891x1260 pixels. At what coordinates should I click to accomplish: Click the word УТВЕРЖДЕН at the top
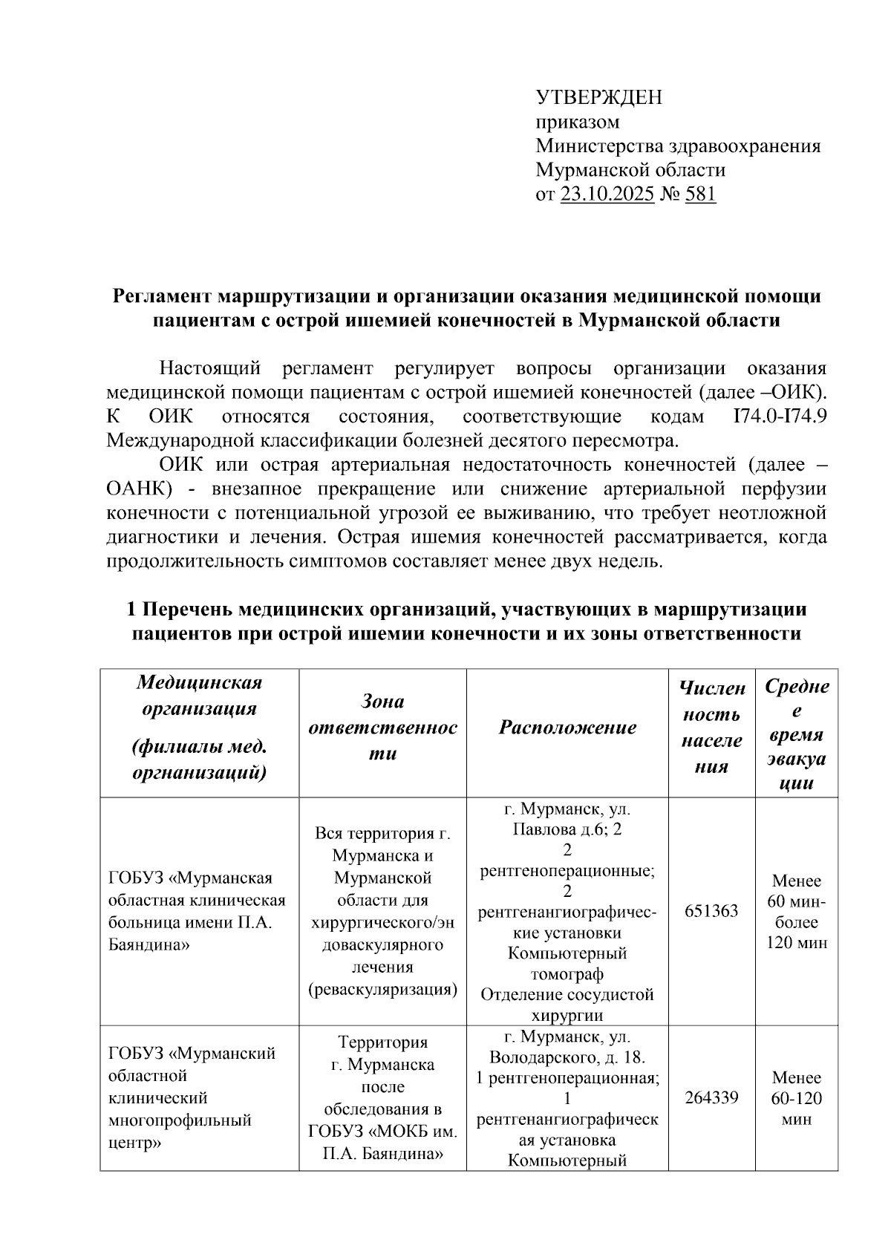point(598,97)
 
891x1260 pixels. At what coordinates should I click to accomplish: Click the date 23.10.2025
point(607,195)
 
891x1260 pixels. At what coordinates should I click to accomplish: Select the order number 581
point(700,195)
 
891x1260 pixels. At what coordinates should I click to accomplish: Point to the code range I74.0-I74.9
point(780,417)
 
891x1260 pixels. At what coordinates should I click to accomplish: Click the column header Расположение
point(567,727)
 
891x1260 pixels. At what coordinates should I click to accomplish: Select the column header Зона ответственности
point(382,727)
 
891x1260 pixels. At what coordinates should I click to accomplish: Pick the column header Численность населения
point(711,727)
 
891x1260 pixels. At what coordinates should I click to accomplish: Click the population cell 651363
point(711,910)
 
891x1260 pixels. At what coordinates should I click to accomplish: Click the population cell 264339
point(711,1097)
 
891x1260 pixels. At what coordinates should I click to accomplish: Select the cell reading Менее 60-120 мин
point(796,1098)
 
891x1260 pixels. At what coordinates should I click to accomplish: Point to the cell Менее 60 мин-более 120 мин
point(796,912)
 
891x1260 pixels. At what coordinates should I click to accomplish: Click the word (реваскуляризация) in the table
point(382,990)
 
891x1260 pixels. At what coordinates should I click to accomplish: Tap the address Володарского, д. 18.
point(567,1057)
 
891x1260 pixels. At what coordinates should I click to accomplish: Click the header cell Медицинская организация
point(200,694)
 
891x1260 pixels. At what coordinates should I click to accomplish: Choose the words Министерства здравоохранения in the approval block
point(678,146)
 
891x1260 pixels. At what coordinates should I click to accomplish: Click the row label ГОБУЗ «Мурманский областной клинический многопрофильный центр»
point(192,1097)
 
